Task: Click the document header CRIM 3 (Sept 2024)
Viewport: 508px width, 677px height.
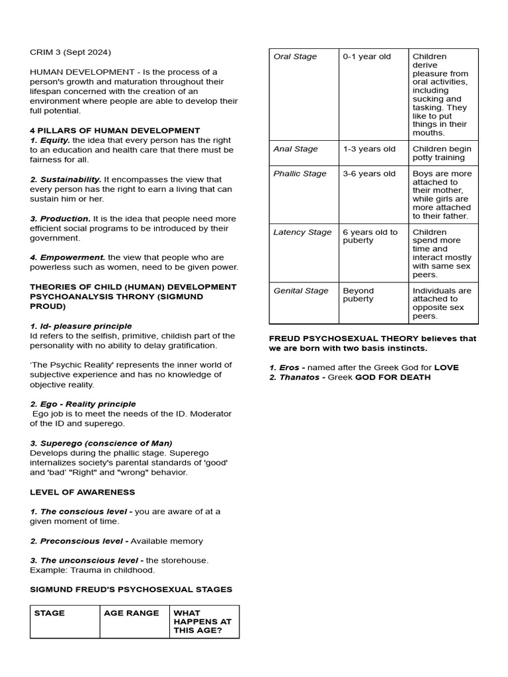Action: click(70, 52)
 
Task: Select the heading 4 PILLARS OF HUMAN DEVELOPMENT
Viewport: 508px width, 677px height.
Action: click(114, 130)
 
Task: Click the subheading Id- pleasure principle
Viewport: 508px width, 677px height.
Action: click(81, 326)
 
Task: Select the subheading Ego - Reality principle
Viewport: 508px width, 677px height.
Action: click(83, 404)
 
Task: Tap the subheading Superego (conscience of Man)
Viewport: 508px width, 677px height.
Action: click(101, 443)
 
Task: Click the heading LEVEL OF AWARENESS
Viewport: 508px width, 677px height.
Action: click(82, 492)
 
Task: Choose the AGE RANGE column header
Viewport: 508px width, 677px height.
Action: click(131, 613)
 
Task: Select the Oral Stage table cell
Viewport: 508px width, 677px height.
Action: click(295, 57)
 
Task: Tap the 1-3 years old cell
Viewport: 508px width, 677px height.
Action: click(369, 149)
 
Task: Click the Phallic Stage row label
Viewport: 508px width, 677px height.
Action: click(300, 174)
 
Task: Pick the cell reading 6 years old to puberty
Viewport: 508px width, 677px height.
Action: click(370, 236)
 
